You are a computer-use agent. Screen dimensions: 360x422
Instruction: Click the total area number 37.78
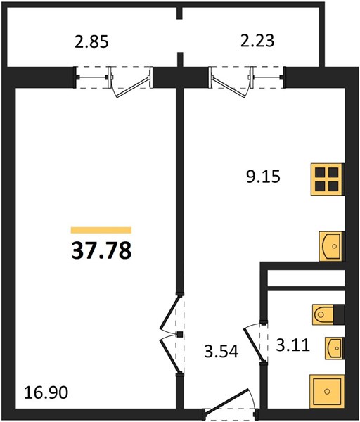point(101,250)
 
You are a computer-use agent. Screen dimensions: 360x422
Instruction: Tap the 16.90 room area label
point(46,392)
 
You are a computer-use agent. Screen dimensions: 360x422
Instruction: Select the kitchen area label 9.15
point(263,177)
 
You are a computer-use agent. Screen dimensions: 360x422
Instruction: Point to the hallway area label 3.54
point(221,351)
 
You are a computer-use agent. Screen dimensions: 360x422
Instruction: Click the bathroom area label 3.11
point(293,345)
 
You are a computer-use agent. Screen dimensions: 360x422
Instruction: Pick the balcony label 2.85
point(91,41)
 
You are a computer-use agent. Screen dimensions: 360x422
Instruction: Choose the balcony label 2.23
point(257,41)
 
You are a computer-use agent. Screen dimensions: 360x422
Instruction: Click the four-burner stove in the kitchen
point(327,179)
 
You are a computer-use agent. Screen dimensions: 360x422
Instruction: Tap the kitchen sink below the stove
point(331,246)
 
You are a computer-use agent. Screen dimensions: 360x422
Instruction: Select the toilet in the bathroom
point(323,314)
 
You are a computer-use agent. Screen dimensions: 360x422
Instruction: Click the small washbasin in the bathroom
point(335,348)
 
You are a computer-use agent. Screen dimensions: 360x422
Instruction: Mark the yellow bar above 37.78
point(101,230)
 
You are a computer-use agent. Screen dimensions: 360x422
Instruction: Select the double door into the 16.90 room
point(170,335)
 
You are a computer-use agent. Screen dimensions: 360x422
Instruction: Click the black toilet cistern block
point(339,314)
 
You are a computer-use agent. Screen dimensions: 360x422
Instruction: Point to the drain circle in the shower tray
point(327,392)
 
